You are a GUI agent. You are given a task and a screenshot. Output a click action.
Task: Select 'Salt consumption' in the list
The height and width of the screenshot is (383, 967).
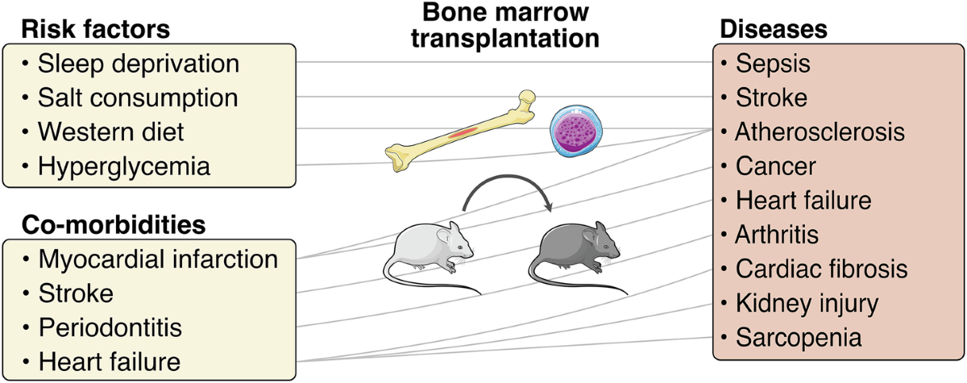(x=138, y=98)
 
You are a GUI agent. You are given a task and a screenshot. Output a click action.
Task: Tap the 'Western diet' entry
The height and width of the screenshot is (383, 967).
(x=111, y=132)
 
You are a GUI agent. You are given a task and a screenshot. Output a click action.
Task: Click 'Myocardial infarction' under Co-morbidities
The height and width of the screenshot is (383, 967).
(x=158, y=260)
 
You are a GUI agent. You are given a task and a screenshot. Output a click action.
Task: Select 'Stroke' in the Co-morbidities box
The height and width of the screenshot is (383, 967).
(x=76, y=293)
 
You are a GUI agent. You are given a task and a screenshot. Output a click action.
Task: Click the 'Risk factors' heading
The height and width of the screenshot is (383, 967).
(x=95, y=29)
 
